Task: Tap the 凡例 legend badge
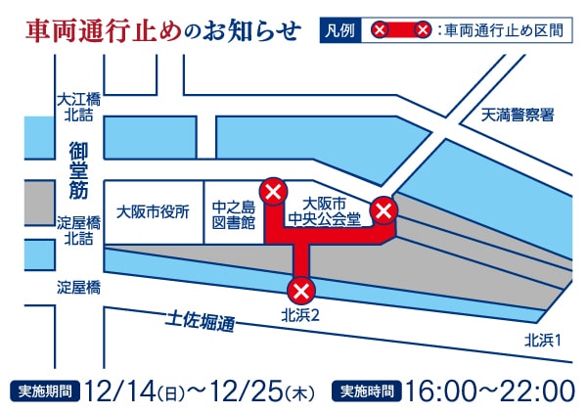click(x=339, y=30)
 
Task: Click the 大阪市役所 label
click(x=152, y=210)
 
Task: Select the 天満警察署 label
click(x=518, y=115)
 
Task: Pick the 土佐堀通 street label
click(x=201, y=319)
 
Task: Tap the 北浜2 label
click(x=300, y=314)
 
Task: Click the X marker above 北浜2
click(x=301, y=290)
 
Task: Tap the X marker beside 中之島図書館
click(x=273, y=191)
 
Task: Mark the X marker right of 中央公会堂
click(x=384, y=209)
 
